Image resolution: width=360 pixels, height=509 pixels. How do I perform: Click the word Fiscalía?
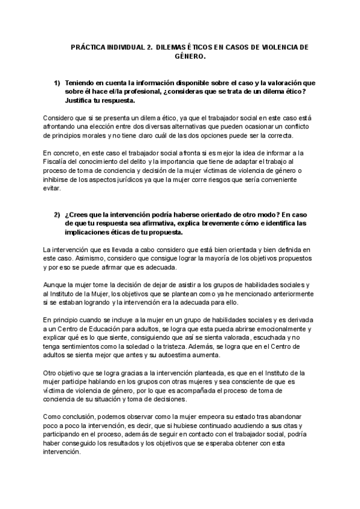(x=58, y=163)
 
